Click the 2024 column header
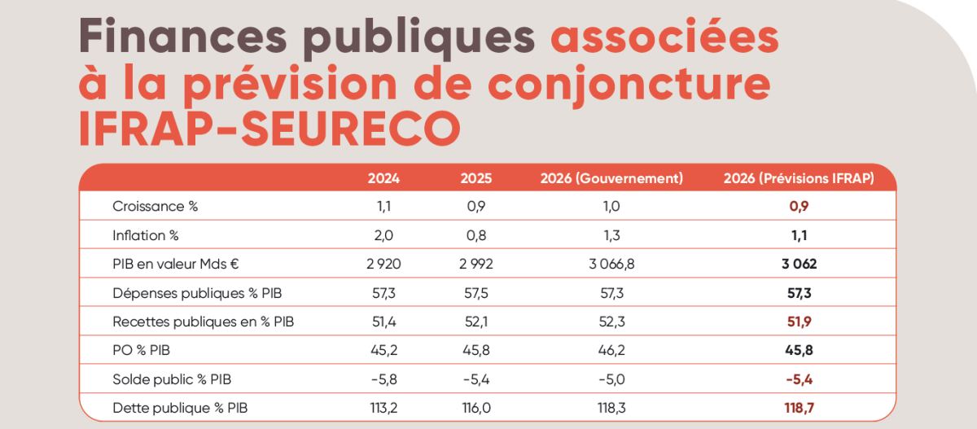(x=383, y=178)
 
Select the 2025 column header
(x=476, y=178)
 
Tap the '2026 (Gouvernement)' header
(x=611, y=178)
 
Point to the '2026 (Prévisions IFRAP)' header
(x=799, y=178)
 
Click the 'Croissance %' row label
(x=155, y=207)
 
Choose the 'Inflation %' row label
(x=145, y=235)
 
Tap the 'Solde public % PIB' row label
(x=172, y=379)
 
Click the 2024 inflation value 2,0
(x=383, y=235)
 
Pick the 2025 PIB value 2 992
(x=476, y=264)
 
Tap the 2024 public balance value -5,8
(x=383, y=379)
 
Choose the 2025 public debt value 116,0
(x=476, y=407)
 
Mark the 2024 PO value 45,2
(x=383, y=350)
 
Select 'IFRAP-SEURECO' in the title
(x=269, y=129)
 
